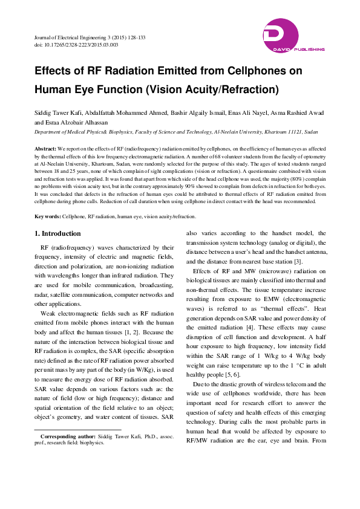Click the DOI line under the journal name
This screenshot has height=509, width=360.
click(x=76, y=45)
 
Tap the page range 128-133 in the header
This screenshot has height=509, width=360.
click(x=131, y=37)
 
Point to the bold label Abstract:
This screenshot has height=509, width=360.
click(x=45, y=148)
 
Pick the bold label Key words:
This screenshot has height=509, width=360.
click(x=48, y=216)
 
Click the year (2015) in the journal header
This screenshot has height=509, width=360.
click(x=110, y=37)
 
